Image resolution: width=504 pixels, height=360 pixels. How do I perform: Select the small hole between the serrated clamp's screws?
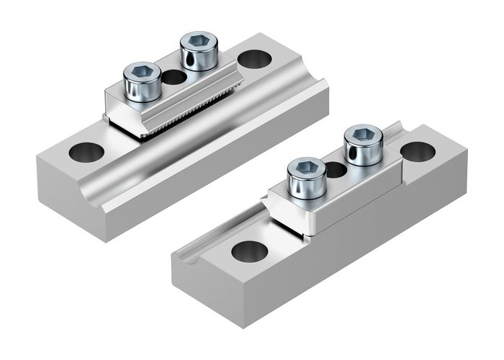[x=173, y=77]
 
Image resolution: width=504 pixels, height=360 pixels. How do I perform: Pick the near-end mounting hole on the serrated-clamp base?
[x=86, y=152]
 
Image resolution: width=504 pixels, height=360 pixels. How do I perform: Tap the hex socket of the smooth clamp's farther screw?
[x=364, y=135]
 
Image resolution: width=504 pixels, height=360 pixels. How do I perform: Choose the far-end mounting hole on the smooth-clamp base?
[x=418, y=151]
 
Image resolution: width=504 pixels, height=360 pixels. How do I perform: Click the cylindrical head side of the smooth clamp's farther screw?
[x=364, y=153]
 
